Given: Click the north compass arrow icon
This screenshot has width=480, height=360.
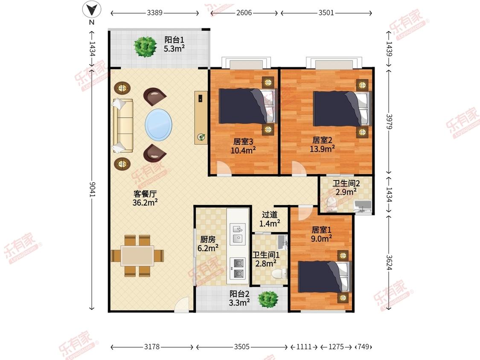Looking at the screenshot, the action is click(x=92, y=10).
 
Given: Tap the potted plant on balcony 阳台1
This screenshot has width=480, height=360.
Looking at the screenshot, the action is click(x=145, y=46).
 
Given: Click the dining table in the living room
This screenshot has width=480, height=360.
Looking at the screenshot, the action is click(x=137, y=256).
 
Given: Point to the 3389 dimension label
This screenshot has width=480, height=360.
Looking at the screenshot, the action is click(x=154, y=13).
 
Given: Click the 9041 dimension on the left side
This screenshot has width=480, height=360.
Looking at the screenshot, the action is click(x=92, y=189).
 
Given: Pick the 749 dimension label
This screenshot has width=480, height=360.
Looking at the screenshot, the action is click(x=364, y=347).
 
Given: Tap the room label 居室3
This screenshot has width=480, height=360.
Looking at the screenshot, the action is click(x=243, y=142).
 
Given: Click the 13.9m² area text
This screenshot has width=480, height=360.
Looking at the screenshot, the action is click(x=322, y=149).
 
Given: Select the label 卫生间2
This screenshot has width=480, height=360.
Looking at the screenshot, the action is click(x=346, y=183).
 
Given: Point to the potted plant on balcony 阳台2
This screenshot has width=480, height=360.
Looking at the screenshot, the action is click(x=268, y=299).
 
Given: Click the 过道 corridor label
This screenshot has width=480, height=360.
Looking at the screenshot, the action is click(x=269, y=215).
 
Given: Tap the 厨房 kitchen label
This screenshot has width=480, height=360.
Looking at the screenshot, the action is click(x=208, y=239).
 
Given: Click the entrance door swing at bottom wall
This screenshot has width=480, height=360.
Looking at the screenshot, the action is click(x=183, y=305).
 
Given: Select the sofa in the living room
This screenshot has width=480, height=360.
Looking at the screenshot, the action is click(x=123, y=125).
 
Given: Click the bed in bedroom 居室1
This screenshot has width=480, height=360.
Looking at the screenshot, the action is click(x=324, y=277).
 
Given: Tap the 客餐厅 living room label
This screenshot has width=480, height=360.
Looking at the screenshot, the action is click(x=145, y=194).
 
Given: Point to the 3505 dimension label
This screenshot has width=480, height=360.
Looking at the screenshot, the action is click(x=241, y=347).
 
